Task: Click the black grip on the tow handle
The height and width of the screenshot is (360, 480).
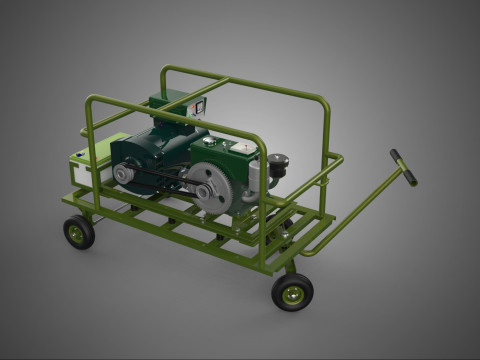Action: pyautogui.click(x=404, y=167)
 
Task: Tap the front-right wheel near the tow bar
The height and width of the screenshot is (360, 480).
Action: pyautogui.click(x=292, y=292)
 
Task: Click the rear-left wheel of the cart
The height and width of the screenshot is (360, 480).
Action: pyautogui.click(x=79, y=232)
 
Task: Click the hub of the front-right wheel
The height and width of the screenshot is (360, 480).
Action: pyautogui.click(x=293, y=293)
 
